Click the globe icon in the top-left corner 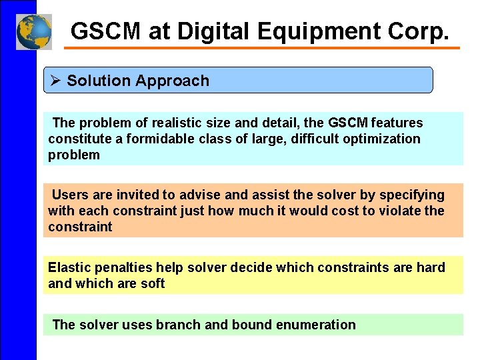click(33, 31)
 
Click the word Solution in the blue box click(99, 81)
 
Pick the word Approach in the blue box click(172, 81)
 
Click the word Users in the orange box click(69, 195)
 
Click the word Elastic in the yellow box click(68, 267)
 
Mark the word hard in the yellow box click(431, 267)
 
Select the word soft click(153, 283)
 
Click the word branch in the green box click(178, 325)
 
